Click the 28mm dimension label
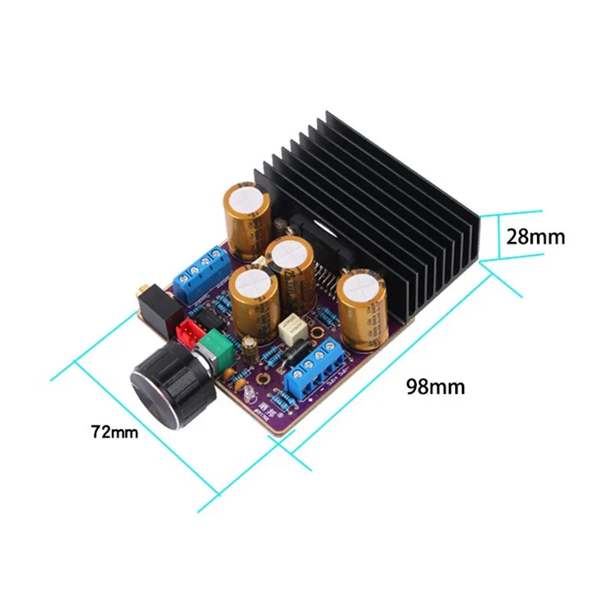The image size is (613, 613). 535,238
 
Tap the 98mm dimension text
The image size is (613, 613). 436,386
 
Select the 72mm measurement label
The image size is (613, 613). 114,432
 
